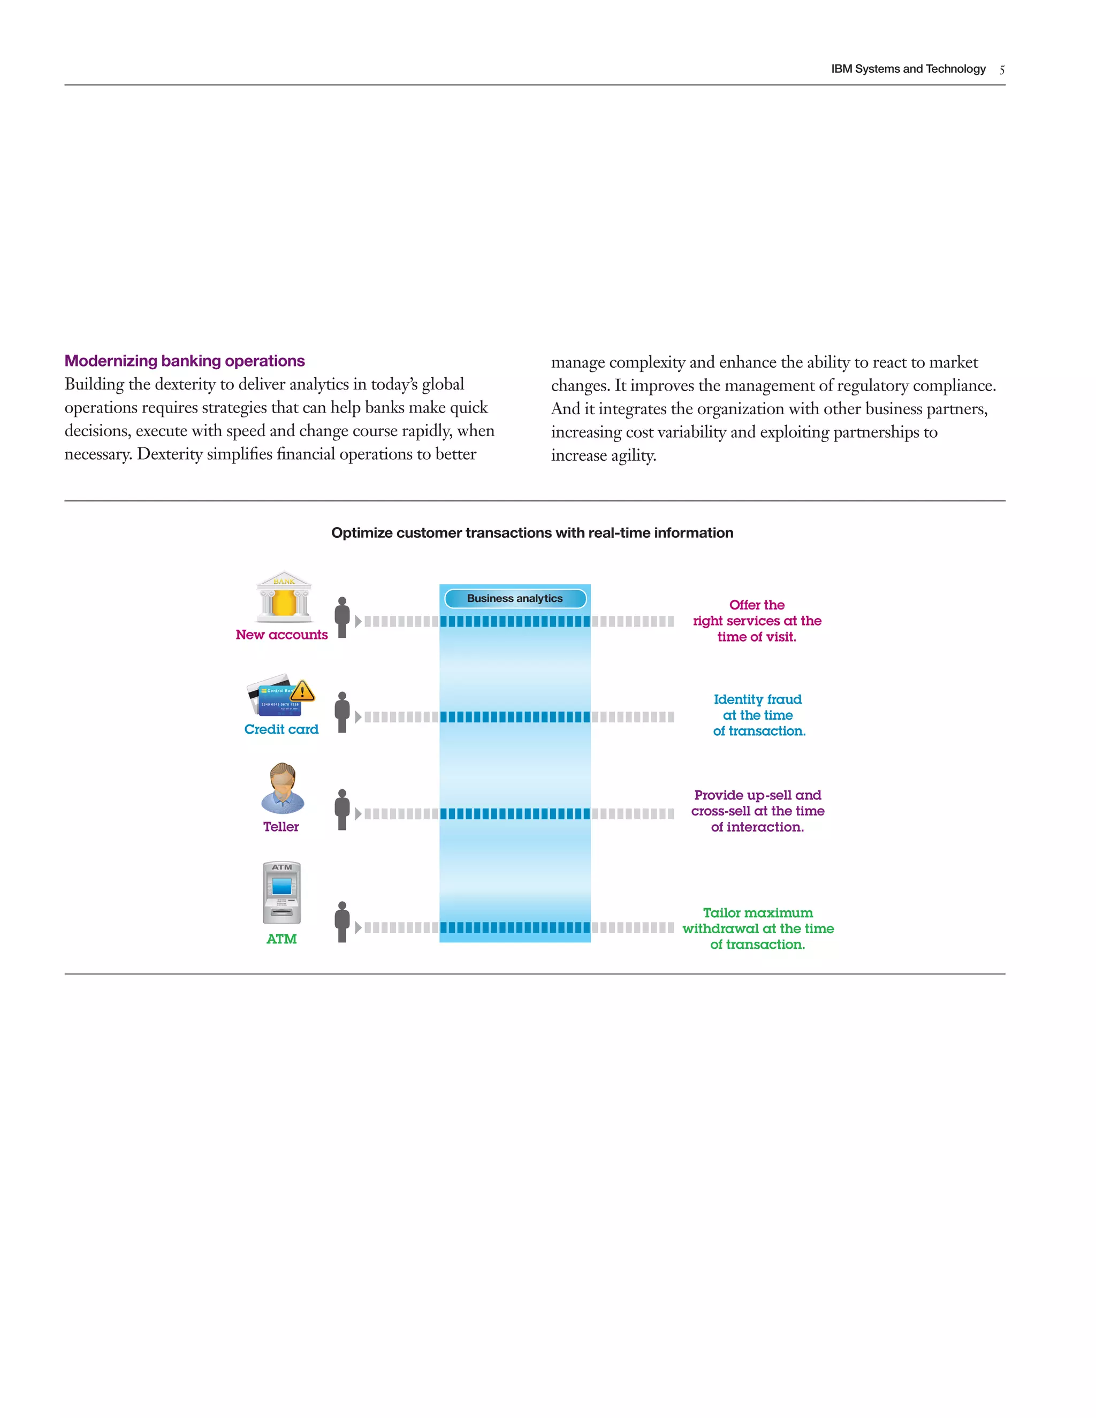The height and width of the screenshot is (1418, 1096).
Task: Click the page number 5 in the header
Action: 1002,70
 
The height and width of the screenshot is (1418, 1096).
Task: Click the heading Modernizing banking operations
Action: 185,361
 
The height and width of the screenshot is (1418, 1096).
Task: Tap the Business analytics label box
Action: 515,598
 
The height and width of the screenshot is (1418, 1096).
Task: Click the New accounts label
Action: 282,634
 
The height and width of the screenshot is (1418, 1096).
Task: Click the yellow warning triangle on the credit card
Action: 302,691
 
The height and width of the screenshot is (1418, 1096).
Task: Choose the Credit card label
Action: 281,729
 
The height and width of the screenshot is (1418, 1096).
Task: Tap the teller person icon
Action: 283,788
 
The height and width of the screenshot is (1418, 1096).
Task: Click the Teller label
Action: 281,827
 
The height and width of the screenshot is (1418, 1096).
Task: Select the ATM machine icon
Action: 282,893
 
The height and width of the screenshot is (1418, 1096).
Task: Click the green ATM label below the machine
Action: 281,939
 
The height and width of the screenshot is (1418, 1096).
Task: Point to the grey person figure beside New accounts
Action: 342,617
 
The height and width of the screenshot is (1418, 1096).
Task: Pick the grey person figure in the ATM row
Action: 342,921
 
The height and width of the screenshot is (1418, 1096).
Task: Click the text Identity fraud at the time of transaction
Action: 758,715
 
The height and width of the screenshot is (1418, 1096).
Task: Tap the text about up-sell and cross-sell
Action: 758,811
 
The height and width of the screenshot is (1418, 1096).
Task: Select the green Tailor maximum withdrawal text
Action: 758,928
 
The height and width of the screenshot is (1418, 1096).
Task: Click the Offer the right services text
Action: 757,621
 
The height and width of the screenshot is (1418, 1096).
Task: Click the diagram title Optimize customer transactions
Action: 532,533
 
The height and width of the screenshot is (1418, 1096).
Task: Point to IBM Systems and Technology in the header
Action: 908,69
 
